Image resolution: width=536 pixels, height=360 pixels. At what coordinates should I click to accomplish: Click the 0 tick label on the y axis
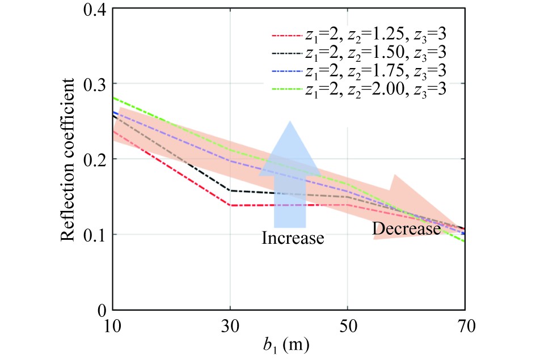click(x=102, y=310)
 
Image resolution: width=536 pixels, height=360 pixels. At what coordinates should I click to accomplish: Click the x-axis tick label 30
click(x=230, y=327)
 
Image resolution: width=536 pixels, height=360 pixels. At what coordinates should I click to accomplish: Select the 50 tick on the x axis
click(x=347, y=327)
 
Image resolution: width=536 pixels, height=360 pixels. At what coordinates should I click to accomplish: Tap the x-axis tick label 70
click(x=465, y=327)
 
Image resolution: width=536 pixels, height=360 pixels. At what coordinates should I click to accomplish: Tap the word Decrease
click(x=406, y=230)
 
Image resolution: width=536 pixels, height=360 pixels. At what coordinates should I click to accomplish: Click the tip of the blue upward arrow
click(x=290, y=121)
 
